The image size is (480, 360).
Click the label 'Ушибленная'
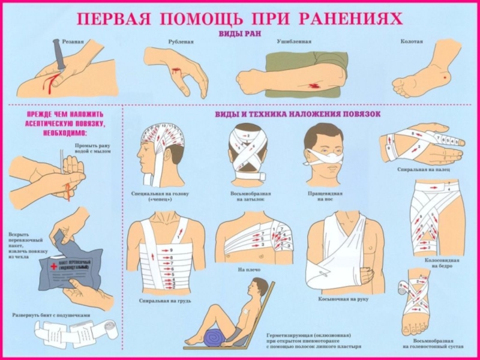[x=292, y=41]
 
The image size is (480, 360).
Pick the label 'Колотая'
[x=412, y=41]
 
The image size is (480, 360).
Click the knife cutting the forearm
[x=61, y=60]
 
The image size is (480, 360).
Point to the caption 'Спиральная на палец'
[x=423, y=170]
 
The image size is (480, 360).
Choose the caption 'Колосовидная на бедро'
[x=442, y=263]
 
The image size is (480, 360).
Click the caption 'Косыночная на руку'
[x=343, y=298]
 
